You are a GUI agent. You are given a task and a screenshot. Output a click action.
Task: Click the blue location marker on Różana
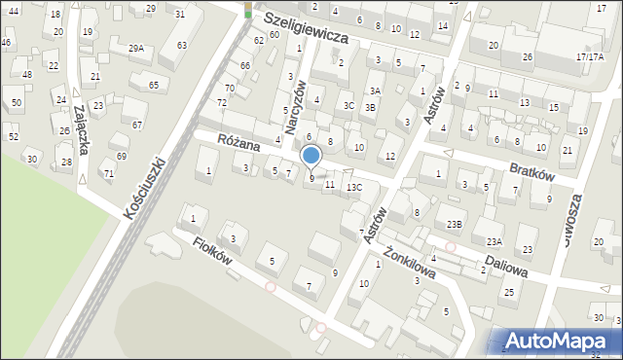[x=311, y=156]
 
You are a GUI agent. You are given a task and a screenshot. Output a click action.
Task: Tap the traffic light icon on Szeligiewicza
[x=248, y=10]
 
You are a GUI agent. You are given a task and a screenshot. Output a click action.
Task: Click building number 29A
[x=136, y=48]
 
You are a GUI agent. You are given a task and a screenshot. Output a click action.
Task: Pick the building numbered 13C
[x=354, y=187]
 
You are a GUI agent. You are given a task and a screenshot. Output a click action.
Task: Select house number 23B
[x=455, y=225]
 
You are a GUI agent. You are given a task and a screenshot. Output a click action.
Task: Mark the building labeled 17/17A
[x=589, y=56]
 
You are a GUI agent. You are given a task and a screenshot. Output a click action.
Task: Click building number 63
[x=181, y=45]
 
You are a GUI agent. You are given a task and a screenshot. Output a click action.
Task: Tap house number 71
[x=109, y=174]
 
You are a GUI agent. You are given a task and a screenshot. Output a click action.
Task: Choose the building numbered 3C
[x=348, y=105]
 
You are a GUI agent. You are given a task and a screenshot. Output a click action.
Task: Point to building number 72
[x=222, y=102]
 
